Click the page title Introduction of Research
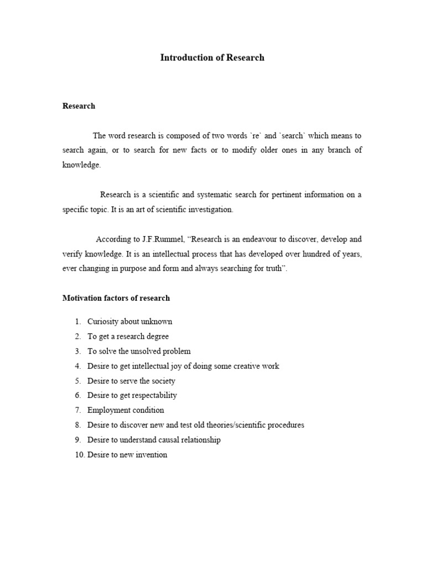click(x=212, y=57)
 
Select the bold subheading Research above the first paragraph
click(x=79, y=106)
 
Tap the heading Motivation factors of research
click(x=116, y=298)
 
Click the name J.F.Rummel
click(x=158, y=239)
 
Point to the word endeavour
click(x=257, y=239)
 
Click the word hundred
click(x=322, y=254)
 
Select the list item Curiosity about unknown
click(x=129, y=322)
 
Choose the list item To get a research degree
click(x=128, y=337)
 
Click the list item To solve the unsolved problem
click(x=139, y=351)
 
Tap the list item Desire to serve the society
click(x=131, y=381)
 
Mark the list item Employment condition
click(x=126, y=410)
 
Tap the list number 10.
click(x=79, y=455)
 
